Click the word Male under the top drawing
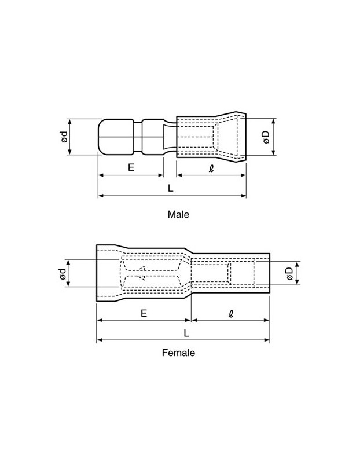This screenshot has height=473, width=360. [178, 214]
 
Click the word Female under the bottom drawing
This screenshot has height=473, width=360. [178, 353]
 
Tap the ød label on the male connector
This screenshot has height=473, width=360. [64, 137]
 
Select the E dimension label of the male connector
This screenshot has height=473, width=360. [131, 167]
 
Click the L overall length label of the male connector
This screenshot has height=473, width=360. [171, 188]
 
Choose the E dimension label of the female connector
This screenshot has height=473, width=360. [144, 313]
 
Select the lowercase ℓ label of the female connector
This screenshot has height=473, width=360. [230, 313]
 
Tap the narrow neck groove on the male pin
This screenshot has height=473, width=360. [137, 137]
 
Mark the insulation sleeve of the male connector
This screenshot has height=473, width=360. [211, 137]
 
